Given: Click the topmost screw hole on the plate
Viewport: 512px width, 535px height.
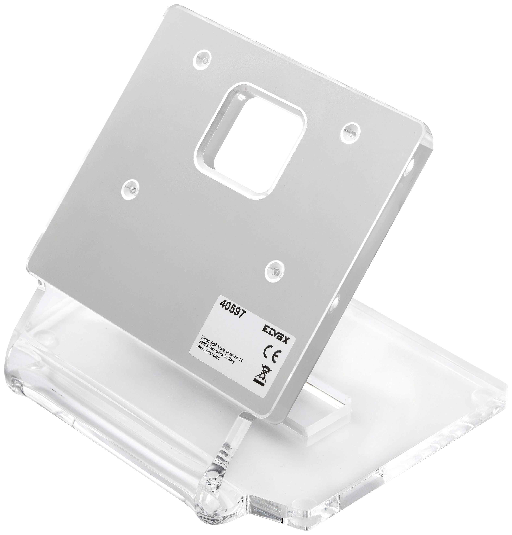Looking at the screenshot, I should [202, 58].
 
